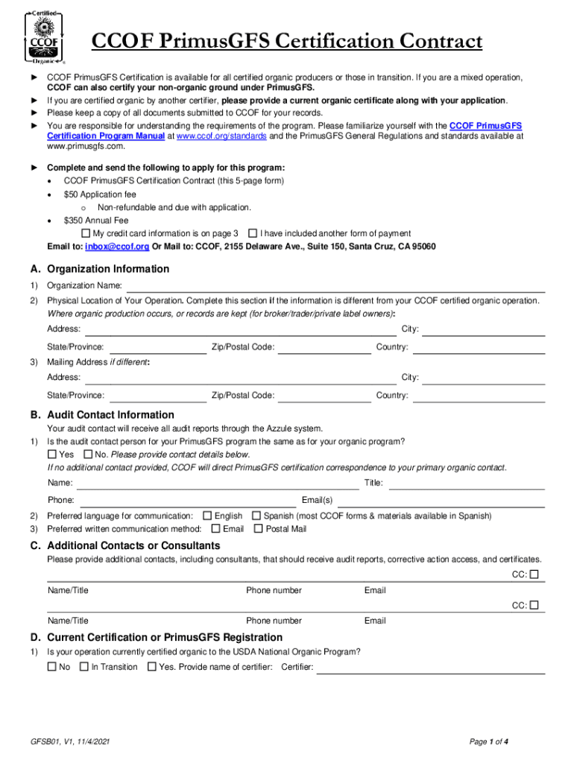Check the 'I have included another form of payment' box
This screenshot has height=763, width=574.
coord(252,233)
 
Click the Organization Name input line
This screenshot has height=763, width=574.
coord(335,287)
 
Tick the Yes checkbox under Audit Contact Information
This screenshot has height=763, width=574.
coord(51,455)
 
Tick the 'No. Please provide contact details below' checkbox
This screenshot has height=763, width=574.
coord(88,455)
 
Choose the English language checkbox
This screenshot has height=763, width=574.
coord(207,516)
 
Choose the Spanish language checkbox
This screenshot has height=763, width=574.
coord(256,516)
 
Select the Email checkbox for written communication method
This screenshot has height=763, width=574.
coord(215,529)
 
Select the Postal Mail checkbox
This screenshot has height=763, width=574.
coord(259,529)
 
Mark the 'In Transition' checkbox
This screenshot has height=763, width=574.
coord(84,667)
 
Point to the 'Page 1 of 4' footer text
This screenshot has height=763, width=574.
coord(489,741)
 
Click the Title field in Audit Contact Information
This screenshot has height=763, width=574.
coord(467,484)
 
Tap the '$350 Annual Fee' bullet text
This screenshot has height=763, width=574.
coord(96,221)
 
